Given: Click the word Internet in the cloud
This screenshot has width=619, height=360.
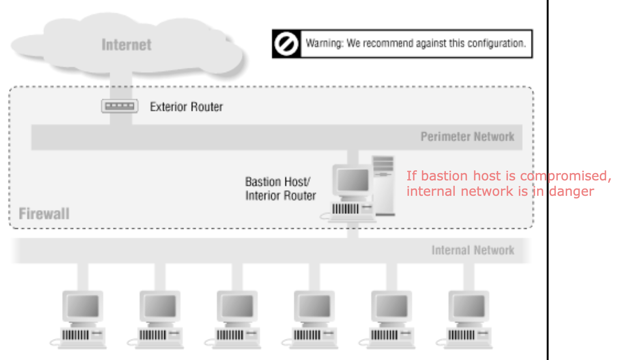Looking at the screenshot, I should tap(126, 45).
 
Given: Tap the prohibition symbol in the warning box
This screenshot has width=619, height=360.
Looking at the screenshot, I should tap(286, 44).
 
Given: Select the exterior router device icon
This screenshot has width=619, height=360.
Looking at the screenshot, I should tap(120, 106).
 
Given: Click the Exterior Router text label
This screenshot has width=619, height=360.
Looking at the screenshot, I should tap(186, 107).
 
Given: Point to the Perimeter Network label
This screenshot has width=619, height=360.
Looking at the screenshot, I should tap(467, 137).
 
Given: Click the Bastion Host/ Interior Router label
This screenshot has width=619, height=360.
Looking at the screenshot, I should tap(280, 189).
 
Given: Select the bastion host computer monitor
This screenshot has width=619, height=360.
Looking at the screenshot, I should tap(353, 180).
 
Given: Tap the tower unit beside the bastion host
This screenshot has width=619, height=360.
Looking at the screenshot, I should tap(384, 184).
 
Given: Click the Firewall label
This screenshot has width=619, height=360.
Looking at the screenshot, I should tap(44, 214).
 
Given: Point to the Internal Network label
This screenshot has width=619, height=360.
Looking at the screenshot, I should tap(473, 250).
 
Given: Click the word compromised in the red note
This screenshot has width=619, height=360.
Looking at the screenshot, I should tap(565, 176).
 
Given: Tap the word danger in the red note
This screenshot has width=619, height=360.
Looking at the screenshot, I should tap(571, 191).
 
